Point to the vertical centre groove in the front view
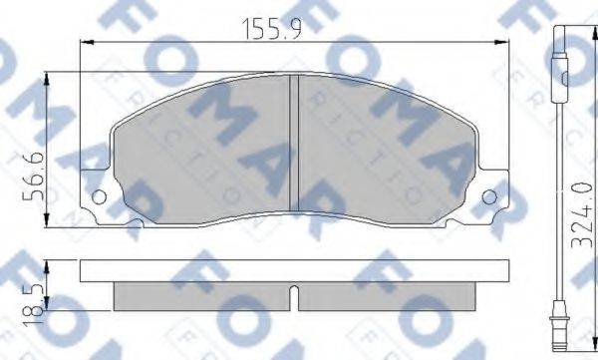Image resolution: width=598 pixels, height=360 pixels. click(x=293, y=145)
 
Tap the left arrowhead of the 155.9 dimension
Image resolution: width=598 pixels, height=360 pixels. click(x=85, y=43)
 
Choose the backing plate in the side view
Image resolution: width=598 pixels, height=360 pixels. click(x=293, y=269)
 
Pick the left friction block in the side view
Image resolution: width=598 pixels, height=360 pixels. click(x=199, y=292)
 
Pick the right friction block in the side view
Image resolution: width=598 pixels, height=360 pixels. click(x=389, y=292)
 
